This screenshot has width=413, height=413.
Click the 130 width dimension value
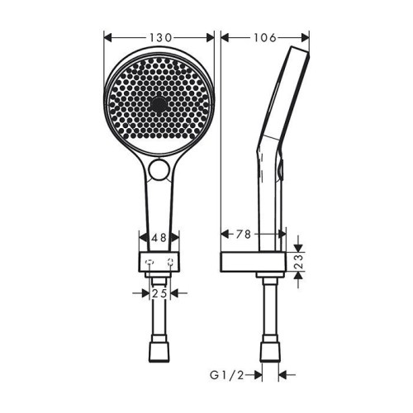coord(160,37)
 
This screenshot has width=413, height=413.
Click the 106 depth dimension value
coord(264,37)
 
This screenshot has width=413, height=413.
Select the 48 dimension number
coord(159,237)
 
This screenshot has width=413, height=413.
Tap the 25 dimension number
coord(159,293)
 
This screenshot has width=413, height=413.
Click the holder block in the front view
coord(159,263)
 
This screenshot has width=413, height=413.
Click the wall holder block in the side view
coord(254,263)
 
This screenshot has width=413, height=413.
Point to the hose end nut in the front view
coord(159,353)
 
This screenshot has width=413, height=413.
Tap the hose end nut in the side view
coord(269,353)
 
